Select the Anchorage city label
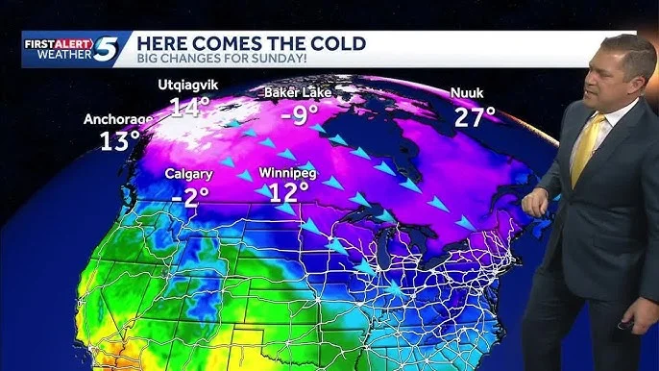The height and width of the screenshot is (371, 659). click(x=118, y=120)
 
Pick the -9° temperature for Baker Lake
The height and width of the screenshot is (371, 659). click(x=300, y=115)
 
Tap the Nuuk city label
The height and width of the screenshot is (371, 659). click(x=467, y=93)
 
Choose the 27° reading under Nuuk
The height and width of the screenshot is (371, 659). click(x=474, y=117)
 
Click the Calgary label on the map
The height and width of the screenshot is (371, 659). click(x=188, y=174)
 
